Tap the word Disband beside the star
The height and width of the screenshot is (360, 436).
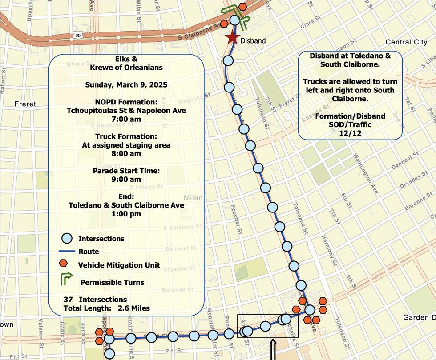click(253, 40)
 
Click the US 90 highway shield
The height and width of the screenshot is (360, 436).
click(78, 35)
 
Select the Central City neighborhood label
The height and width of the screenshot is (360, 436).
click(406, 42)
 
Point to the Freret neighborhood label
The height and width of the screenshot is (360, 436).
click(25, 104)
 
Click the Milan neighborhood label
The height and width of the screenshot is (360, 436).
click(193, 198)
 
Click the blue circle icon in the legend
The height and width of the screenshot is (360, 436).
click(67, 239)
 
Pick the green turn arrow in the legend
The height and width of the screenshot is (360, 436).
click(66, 280)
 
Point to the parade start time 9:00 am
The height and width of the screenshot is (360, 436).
click(126, 180)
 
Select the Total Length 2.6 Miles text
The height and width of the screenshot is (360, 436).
click(107, 308)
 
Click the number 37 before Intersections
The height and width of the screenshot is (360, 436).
click(68, 300)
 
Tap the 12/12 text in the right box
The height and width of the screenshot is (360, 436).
click(350, 132)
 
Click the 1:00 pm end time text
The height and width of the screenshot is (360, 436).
click(126, 214)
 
